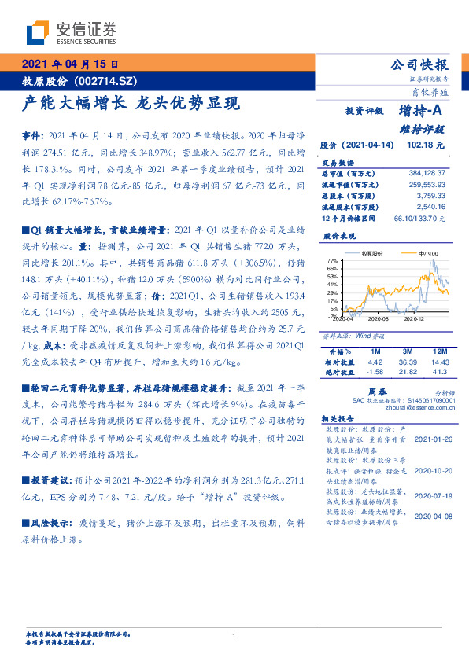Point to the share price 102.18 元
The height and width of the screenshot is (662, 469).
(425, 145)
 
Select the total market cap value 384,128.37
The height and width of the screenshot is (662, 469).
(426, 172)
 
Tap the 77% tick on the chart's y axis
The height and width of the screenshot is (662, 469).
(331, 259)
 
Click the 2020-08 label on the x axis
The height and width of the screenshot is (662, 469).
(379, 320)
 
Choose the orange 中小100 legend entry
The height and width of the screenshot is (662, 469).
(417, 254)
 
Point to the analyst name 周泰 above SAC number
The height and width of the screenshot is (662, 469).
(375, 390)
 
